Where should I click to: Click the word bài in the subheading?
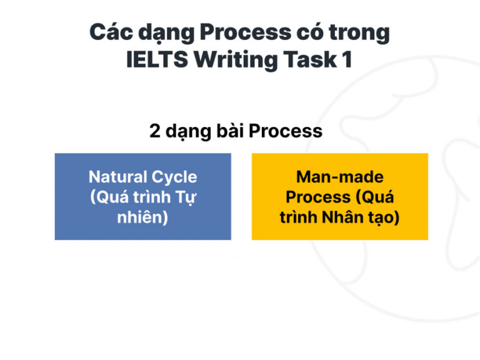(x=229, y=131)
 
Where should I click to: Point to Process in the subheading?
(x=285, y=131)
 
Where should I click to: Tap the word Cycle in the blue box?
(x=174, y=177)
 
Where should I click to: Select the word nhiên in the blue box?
(x=142, y=218)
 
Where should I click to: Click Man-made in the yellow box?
(x=339, y=177)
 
